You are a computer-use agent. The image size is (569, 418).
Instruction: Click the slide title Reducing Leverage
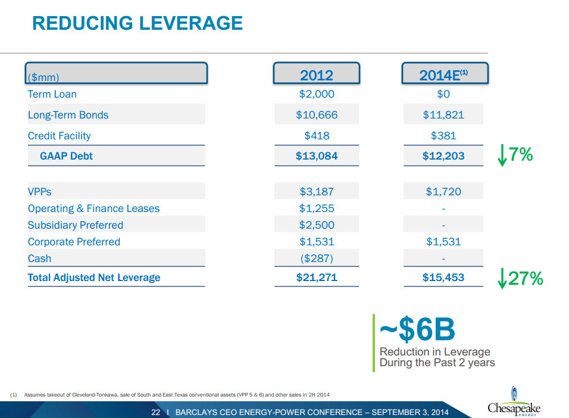pos(137,23)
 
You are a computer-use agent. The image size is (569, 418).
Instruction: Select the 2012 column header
pos(316,75)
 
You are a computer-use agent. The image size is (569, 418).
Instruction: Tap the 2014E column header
pos(443,75)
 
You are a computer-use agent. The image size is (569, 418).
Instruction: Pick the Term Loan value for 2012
pos(316,94)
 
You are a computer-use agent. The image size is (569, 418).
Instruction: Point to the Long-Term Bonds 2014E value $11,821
pos(443,115)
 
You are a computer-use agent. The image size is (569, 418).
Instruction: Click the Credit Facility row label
pos(60,136)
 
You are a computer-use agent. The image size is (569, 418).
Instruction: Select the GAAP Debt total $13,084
pos(316,156)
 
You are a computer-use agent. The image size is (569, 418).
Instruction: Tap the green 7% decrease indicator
pos(515,155)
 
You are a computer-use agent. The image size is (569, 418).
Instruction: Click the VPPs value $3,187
pos(316,192)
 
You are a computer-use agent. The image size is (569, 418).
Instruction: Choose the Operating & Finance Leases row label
pos(93,208)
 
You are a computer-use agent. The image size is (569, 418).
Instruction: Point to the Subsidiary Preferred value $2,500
pos(316,225)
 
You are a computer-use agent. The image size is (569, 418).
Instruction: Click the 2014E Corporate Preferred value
pos(443,242)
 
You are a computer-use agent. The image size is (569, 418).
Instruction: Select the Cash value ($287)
pos(316,258)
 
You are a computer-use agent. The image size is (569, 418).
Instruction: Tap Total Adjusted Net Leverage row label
pos(94,277)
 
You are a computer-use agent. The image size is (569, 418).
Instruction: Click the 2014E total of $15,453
pos(443,277)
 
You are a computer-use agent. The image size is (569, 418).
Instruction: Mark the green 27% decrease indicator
pos(520,278)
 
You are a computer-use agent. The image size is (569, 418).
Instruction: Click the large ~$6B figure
pos(417,329)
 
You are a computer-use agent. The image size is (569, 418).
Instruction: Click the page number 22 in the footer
pos(156,412)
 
